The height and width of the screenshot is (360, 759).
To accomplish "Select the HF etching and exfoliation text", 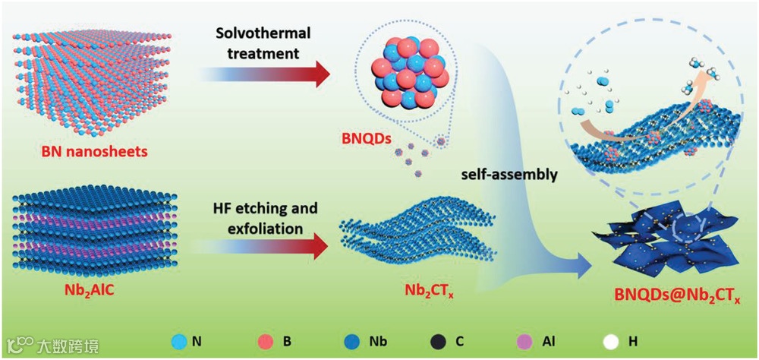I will (x=265, y=216).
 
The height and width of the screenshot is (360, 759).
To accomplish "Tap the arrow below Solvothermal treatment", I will (x=265, y=74).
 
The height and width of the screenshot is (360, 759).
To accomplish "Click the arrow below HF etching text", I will (x=265, y=247).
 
